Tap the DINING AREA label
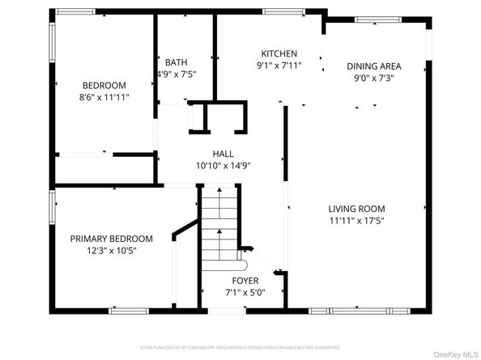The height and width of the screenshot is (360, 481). tap(374, 66)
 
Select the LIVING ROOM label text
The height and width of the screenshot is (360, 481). tap(356, 208)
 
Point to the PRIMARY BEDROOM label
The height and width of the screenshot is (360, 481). tap(111, 239)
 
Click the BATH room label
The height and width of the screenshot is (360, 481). tap(176, 62)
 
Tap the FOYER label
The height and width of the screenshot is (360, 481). tap(245, 281)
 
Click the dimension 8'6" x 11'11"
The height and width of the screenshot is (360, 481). tap(105, 97)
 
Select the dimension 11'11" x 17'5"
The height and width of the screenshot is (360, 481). tap(356, 220)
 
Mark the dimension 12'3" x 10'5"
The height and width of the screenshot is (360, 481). tap(111, 251)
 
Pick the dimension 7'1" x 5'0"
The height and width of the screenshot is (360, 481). tap(245, 292)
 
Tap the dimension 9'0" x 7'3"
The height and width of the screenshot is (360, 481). tap(374, 78)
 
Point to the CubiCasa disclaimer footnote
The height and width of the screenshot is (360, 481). tap(240, 347)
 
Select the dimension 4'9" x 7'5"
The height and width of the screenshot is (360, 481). tap(176, 74)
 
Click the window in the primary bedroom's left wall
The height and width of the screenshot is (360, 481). tap(52, 205)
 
